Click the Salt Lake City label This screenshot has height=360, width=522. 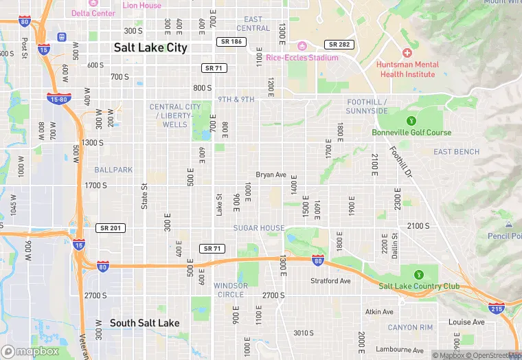[x=150, y=48]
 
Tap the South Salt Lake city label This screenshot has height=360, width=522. [x=145, y=323]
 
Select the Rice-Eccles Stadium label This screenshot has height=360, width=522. [x=302, y=58]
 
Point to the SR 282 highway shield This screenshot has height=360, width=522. [x=339, y=44]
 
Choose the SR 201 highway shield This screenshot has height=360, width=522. [x=111, y=228]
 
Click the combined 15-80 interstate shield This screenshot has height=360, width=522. [x=57, y=99]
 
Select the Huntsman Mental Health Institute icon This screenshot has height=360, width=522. [x=407, y=53]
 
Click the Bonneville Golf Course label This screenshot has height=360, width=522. [x=411, y=133]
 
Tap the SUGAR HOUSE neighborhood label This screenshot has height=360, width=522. [x=258, y=228]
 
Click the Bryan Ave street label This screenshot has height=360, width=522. [x=271, y=175]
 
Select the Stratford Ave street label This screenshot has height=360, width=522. [x=330, y=281]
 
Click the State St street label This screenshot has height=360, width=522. [x=144, y=196]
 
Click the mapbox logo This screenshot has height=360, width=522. [x=31, y=351]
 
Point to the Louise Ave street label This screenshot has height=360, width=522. [x=466, y=322]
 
